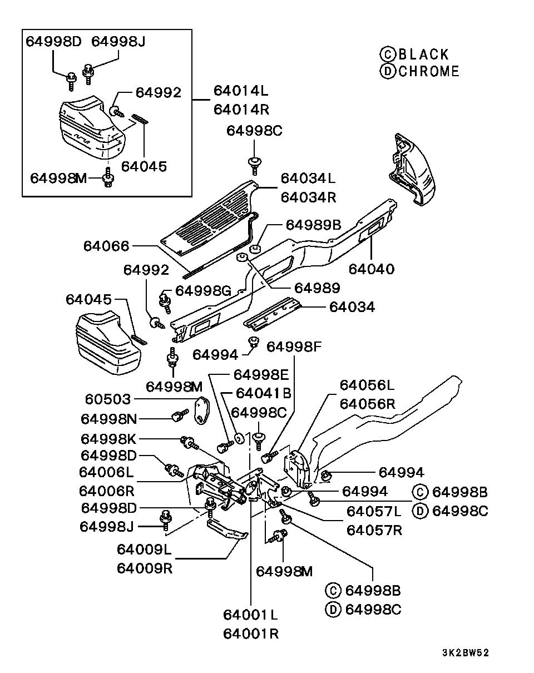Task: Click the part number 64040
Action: point(372,269)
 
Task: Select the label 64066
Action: point(106,246)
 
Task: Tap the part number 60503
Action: point(108,399)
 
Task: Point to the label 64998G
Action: point(203,291)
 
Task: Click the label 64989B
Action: point(313,225)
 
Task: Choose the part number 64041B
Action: point(264,394)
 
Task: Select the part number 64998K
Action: point(108,438)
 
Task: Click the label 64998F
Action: point(294,347)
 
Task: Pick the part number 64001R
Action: point(251,634)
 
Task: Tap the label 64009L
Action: point(145,550)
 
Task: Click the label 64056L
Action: point(367,385)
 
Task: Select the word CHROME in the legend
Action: point(429,71)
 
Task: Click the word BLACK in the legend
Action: point(423,55)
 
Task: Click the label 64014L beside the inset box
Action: point(240,91)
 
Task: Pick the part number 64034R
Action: point(308,197)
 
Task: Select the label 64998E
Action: point(261,374)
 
